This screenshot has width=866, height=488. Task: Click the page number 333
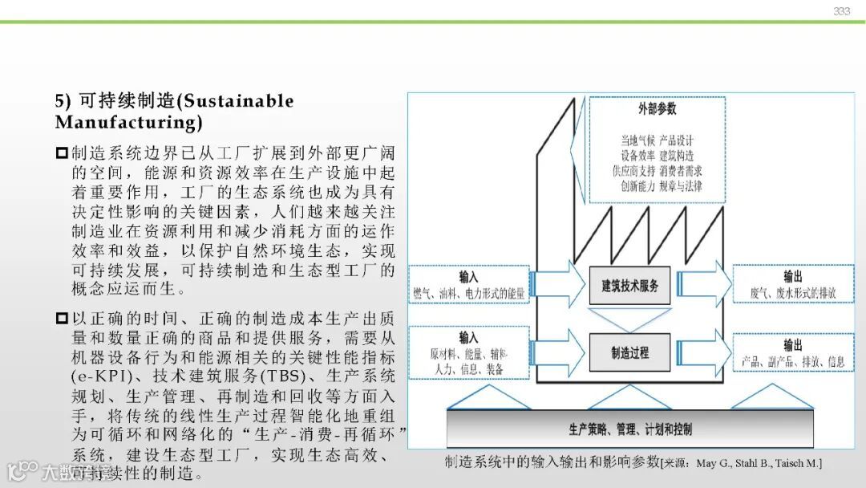841,11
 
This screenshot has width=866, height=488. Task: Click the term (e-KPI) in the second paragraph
99,376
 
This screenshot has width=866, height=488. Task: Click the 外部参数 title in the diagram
658,108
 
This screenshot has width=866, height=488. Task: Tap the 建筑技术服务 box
629,286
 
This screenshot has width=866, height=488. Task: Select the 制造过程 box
629,352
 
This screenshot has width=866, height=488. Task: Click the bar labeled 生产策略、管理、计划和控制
629,429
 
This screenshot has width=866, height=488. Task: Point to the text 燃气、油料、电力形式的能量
468,294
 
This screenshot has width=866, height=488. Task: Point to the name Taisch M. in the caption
799,464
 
